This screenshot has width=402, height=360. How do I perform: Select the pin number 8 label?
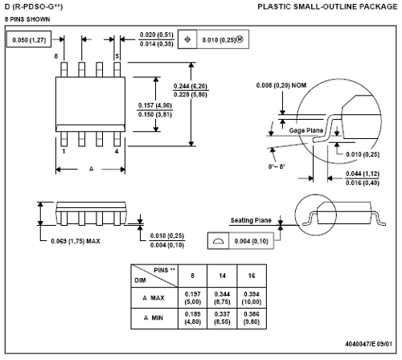pyautogui.click(x=56, y=56)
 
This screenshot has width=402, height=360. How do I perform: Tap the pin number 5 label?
pyautogui.click(x=117, y=56)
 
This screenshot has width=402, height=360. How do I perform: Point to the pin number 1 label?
pyautogui.click(x=64, y=151)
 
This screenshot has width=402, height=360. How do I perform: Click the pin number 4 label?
pyautogui.click(x=117, y=151)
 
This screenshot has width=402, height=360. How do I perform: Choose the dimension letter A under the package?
pyautogui.click(x=92, y=169)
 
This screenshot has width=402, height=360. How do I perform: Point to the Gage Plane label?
pyautogui.click(x=306, y=131)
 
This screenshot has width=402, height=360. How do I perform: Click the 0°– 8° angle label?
pyautogui.click(x=277, y=166)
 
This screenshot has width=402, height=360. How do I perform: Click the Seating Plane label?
pyautogui.click(x=251, y=220)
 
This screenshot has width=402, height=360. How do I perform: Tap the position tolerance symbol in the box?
pyautogui.click(x=187, y=39)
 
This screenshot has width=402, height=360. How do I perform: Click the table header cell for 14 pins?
pyautogui.click(x=222, y=276)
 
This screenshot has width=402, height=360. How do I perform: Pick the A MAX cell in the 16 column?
pyautogui.click(x=252, y=298)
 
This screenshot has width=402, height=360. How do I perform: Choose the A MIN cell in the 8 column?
pyautogui.click(x=193, y=318)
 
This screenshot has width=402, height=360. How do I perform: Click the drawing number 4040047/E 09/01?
pyautogui.click(x=368, y=344)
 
